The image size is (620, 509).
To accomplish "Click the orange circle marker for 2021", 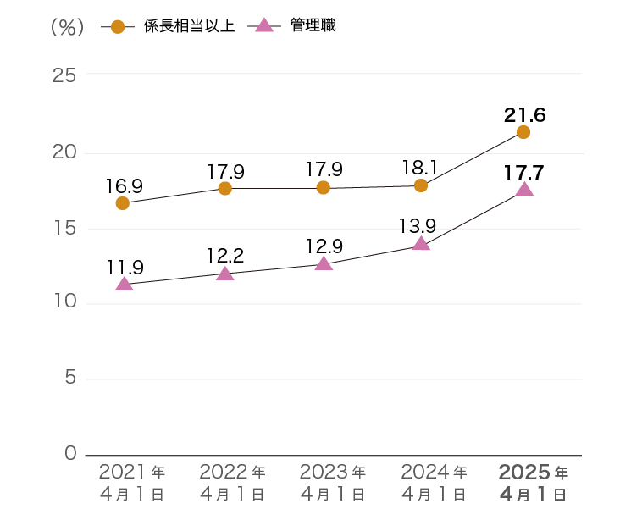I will tap(123, 203).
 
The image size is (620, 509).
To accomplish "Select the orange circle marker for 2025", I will tap(523, 132).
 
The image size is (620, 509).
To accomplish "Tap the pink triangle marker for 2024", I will tap(421, 244).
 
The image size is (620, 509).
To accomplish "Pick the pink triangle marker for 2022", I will tap(224, 274).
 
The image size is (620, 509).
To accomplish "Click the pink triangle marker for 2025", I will tap(524, 189).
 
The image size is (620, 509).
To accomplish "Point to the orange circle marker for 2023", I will tap(323, 188).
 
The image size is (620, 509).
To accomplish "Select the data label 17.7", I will tap(523, 173).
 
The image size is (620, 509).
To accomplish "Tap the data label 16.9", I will tap(124, 185).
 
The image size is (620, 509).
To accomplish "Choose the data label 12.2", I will tap(225, 254).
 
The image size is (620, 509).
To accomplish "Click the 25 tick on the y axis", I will tap(64, 75).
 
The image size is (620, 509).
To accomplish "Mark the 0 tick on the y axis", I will tap(70, 455).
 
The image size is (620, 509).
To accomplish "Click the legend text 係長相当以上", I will tap(188, 26).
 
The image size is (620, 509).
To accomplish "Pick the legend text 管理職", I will tap(313, 26).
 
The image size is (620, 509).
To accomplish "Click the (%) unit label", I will tap(68, 27).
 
